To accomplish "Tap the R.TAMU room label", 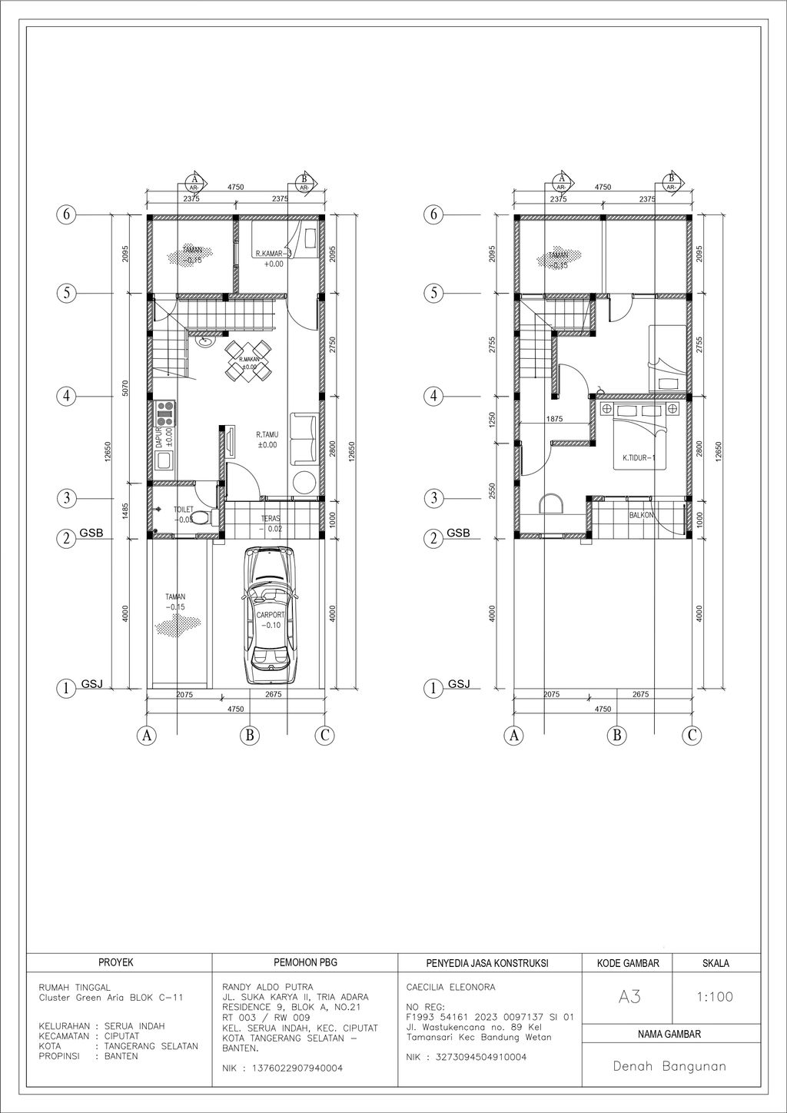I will [x=267, y=434].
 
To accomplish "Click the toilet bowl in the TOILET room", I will [x=201, y=517].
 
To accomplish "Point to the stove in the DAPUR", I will [x=164, y=414].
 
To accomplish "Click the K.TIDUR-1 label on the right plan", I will [x=638, y=459].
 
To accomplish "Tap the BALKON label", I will [x=641, y=515].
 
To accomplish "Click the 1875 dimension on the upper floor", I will [x=554, y=419].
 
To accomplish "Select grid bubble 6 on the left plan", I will [x=67, y=214].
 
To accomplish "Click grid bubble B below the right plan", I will [x=616, y=736].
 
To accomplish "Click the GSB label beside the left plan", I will [x=91, y=533].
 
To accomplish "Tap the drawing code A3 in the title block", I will [x=629, y=997].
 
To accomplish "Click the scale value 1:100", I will [x=715, y=997].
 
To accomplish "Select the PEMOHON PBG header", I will [x=305, y=962].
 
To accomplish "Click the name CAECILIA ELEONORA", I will [x=450, y=987].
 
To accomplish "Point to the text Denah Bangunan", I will [x=669, y=1066].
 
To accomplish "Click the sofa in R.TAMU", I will [x=301, y=438].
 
